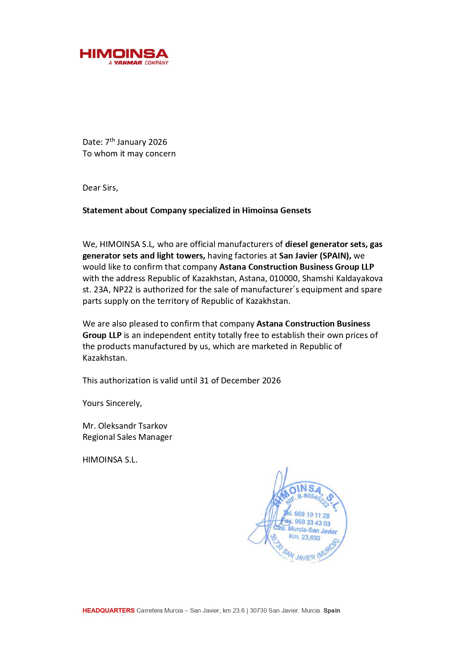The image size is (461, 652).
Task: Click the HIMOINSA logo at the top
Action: point(124,54)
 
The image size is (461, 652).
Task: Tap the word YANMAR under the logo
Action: point(128,63)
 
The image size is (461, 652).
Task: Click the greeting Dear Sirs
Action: point(100,188)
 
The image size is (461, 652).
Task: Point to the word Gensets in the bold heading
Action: point(295,211)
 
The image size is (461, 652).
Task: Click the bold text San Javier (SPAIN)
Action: point(315,256)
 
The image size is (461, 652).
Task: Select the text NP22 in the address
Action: point(123,290)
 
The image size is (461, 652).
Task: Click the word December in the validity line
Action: point(240,381)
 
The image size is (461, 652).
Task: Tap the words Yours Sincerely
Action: point(112,403)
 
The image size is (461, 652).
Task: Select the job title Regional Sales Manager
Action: point(127,437)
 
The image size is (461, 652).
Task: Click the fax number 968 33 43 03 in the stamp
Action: point(312,523)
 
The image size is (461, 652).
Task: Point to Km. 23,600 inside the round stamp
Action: point(304,537)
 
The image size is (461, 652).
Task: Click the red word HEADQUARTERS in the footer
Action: point(108,610)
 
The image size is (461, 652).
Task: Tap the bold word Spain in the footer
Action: point(332,610)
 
